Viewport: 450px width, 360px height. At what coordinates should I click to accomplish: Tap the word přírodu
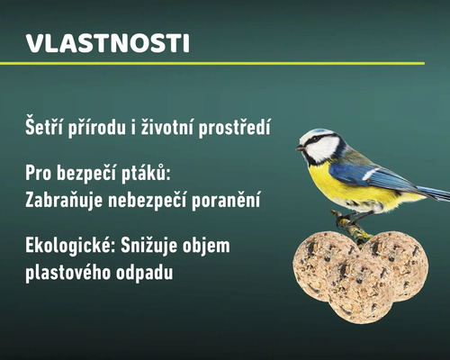103,129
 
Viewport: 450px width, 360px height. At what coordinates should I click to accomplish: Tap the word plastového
70,271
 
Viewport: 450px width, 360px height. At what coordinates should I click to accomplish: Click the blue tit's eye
318,140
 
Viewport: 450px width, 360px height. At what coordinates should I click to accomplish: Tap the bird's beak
301,147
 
